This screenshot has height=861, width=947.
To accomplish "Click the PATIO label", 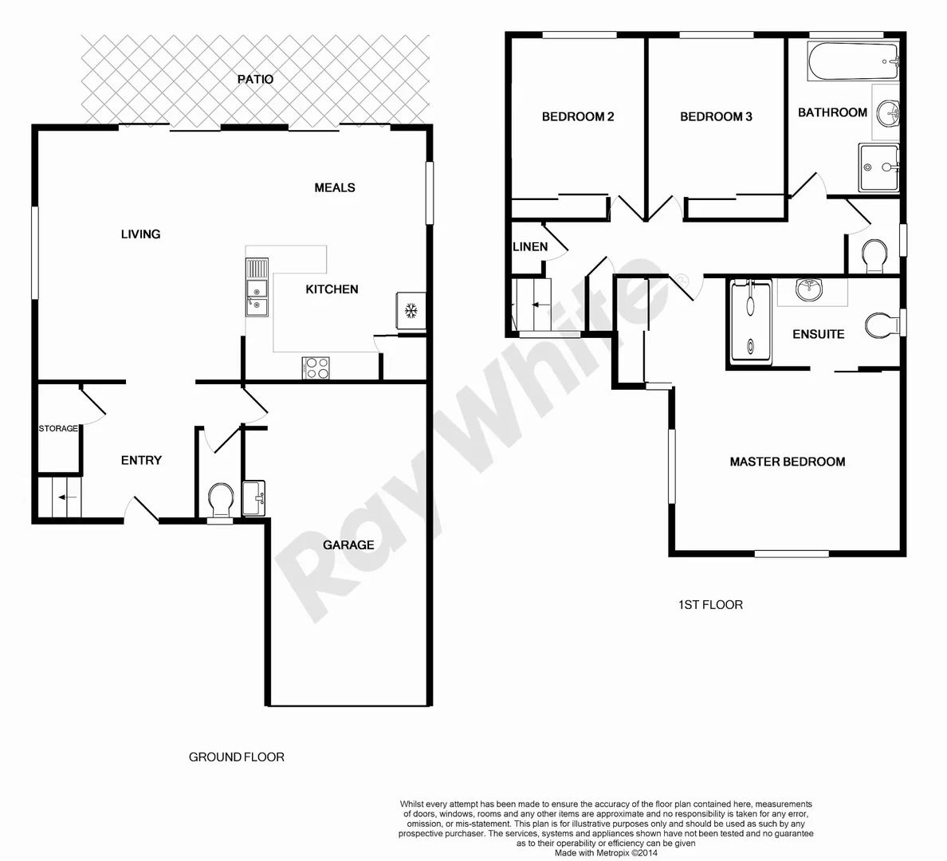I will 255,79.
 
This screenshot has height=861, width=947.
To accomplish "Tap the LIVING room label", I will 140,234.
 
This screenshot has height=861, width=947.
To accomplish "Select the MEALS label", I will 334,187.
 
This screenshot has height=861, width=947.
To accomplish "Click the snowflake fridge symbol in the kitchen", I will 411,310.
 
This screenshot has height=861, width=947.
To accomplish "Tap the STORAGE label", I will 58,429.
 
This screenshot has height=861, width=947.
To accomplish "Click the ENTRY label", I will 141,460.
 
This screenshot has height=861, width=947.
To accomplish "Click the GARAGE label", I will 348,545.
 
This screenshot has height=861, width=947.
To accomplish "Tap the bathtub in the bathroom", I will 853,61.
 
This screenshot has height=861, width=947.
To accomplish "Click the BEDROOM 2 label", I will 577,116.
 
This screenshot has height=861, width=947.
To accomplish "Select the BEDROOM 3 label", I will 715,116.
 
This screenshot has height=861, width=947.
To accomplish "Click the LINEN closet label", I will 530,246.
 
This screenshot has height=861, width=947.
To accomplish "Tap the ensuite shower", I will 751,320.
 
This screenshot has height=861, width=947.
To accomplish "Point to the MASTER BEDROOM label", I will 787,462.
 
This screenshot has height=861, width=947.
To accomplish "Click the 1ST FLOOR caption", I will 709,605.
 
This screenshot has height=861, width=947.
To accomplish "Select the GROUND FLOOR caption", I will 236,757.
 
